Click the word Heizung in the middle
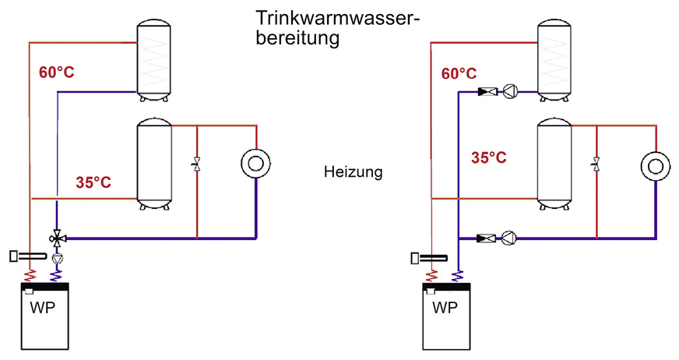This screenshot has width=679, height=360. click(x=353, y=172)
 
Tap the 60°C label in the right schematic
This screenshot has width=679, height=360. click(x=459, y=74)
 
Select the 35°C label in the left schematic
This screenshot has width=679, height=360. click(x=93, y=183)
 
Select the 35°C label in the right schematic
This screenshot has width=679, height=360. click(x=489, y=157)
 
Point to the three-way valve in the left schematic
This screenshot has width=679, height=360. click(x=57, y=236)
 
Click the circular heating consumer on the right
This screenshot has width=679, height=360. click(x=656, y=165)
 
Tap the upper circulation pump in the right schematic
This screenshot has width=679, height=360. click(x=511, y=91)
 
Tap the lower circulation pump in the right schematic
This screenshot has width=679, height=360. click(x=511, y=237)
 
